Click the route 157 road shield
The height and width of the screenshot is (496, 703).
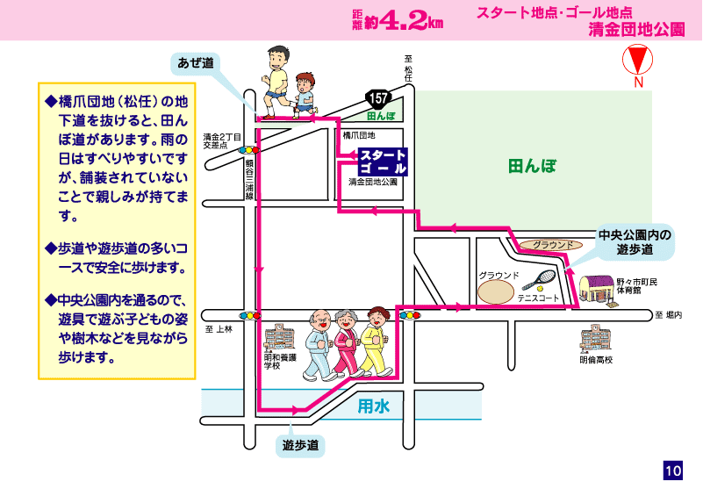click(378, 98)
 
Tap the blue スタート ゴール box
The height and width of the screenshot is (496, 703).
click(384, 162)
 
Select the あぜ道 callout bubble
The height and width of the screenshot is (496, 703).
click(196, 64)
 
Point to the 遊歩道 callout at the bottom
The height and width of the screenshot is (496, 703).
click(300, 445)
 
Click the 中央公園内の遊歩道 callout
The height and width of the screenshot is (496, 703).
click(635, 242)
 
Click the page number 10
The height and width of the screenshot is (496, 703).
click(673, 471)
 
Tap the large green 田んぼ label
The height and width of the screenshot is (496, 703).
click(532, 166)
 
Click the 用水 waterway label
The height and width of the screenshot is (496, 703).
click(374, 406)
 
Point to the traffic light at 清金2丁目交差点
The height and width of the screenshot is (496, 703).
click(249, 150)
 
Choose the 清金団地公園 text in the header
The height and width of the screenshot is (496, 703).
click(636, 30)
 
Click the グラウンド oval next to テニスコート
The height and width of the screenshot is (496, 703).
click(495, 291)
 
